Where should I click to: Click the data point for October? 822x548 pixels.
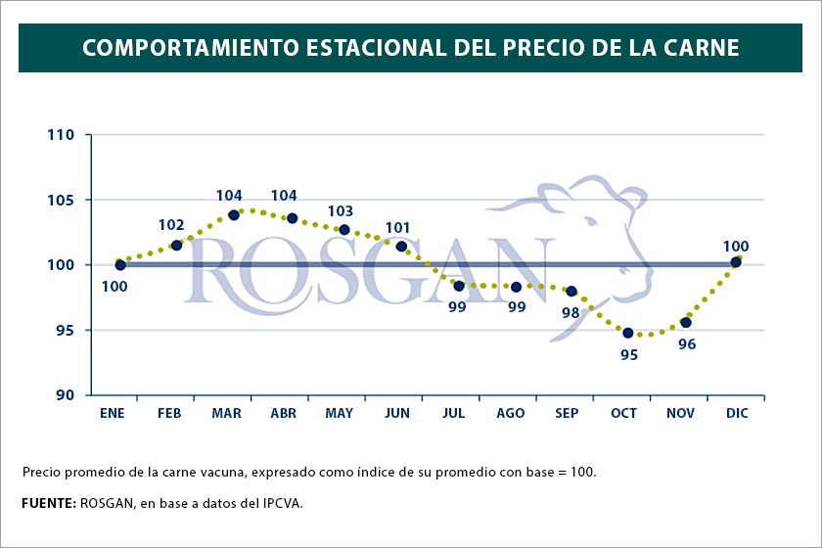pyautogui.click(x=628, y=333)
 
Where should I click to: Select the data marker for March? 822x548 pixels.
pyautogui.click(x=234, y=214)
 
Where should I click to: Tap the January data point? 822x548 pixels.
pyautogui.click(x=120, y=264)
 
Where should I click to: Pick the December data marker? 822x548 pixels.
pyautogui.click(x=736, y=261)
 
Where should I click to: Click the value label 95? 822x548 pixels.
pyautogui.click(x=628, y=354)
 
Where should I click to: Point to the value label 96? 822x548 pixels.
pyautogui.click(x=687, y=344)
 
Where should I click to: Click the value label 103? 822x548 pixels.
pyautogui.click(x=341, y=210)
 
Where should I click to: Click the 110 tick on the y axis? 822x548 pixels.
pyautogui.click(x=63, y=134)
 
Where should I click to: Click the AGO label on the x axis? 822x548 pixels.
pyautogui.click(x=510, y=414)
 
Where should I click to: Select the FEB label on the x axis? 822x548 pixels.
pyautogui.click(x=169, y=414)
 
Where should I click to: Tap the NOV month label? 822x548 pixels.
pyautogui.click(x=680, y=414)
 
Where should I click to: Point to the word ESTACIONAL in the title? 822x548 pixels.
pyautogui.click(x=350, y=46)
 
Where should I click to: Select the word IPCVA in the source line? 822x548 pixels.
pyautogui.click(x=281, y=503)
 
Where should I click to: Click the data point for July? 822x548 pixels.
pyautogui.click(x=459, y=286)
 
